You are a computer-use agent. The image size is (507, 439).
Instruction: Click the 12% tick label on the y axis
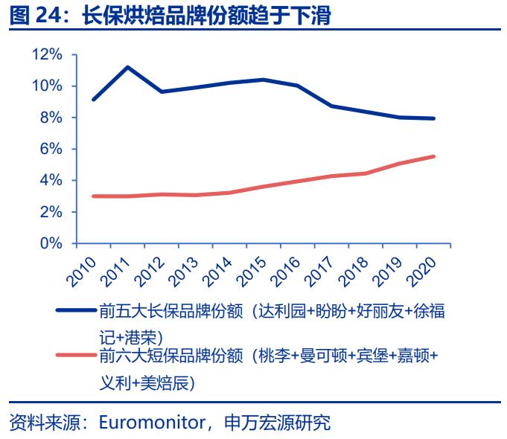point(47,55)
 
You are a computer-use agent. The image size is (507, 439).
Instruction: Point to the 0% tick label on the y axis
point(51,243)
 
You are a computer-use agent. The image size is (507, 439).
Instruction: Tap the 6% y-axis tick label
point(51,149)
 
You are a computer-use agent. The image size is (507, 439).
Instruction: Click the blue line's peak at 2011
point(127,68)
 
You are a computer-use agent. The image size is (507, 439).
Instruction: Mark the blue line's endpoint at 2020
point(434,118)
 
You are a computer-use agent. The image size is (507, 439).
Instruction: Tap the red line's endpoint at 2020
point(434,156)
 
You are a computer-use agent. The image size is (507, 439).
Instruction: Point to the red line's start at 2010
point(92,196)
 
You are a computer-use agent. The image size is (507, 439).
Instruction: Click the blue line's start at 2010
point(92,99)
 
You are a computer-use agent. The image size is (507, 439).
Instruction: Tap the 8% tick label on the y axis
point(51,118)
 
